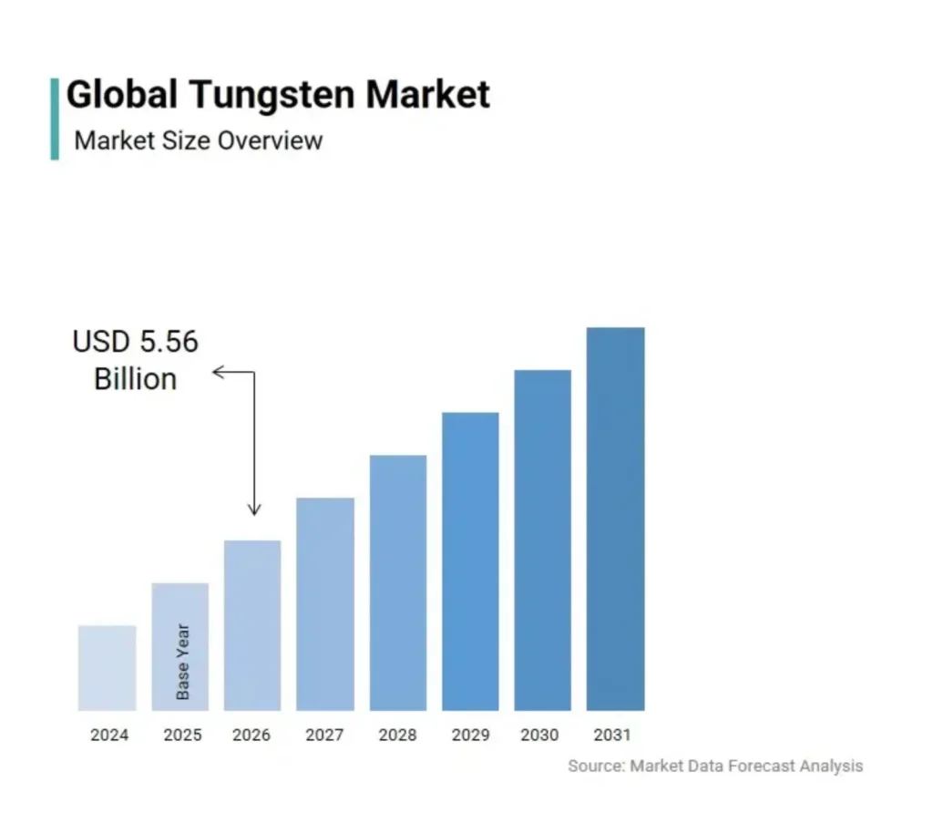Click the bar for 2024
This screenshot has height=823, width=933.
[108, 667]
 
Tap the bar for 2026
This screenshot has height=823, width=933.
[252, 625]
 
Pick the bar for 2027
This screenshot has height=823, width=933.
[325, 603]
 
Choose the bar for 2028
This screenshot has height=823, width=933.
[398, 582]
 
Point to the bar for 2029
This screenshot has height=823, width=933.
[470, 561]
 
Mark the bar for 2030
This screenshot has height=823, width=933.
[543, 540]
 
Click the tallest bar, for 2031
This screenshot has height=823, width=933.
[615, 519]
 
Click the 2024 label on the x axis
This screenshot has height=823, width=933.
[109, 735]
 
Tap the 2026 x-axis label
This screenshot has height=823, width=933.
[251, 735]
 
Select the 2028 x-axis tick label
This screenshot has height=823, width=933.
[397, 735]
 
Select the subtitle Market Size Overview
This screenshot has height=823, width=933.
[199, 140]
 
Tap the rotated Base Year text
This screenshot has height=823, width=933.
[183, 662]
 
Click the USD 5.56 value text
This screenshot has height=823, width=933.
[135, 342]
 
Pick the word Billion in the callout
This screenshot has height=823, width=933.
[135, 378]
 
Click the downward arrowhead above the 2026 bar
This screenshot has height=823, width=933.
[254, 510]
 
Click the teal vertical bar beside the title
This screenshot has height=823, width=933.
[55, 118]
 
